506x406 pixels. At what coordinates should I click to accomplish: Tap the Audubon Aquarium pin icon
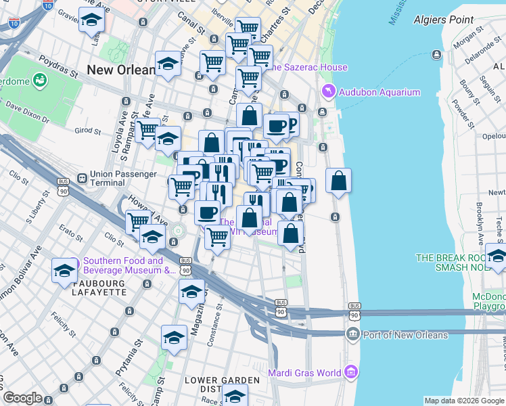pyautogui.click(x=328, y=91)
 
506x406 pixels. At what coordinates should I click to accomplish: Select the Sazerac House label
pyautogui.click(x=310, y=67)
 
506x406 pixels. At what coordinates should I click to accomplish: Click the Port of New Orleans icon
pyautogui.click(x=352, y=335)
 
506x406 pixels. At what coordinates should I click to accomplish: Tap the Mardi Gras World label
pyautogui.click(x=305, y=373)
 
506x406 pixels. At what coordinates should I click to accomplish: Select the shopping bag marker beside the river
pyautogui.click(x=338, y=181)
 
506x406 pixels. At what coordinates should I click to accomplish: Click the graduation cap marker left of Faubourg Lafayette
pyautogui.click(x=64, y=271)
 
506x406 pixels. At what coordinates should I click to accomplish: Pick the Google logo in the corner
pyautogui.click(x=22, y=398)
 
